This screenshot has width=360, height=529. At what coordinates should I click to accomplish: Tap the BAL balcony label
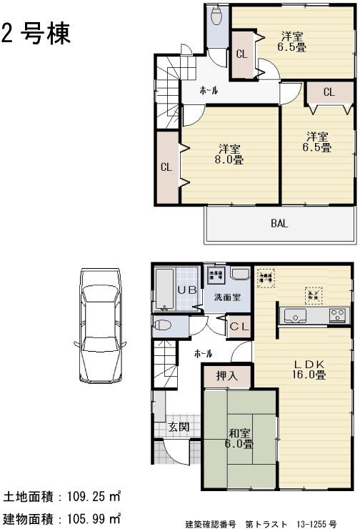(279, 223)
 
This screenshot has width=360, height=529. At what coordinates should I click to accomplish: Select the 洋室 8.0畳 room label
(229, 154)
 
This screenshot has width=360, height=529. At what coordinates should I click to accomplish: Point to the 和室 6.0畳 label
(240, 438)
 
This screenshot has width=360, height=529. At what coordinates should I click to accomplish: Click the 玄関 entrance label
(178, 427)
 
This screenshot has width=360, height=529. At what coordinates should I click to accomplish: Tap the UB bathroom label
(186, 289)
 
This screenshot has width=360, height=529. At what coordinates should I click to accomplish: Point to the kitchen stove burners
(337, 315)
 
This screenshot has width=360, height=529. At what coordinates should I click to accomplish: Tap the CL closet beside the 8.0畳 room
(166, 167)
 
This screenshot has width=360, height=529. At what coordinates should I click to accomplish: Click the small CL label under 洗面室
(238, 326)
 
